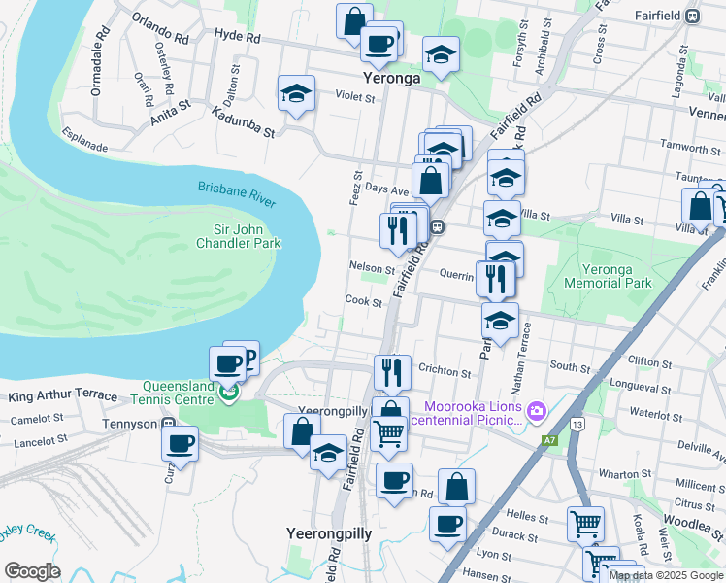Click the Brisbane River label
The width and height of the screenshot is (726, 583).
tap(237, 192)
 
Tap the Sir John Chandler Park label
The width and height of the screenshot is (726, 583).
tap(240, 236)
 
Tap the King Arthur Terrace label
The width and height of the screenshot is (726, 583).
tap(62, 396)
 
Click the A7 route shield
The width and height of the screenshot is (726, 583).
tap(550, 440)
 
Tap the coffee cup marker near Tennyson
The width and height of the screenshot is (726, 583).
tap(181, 444)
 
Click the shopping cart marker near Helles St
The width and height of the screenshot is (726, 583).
tap(586, 525)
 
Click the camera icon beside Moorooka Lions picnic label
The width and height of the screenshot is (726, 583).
tap(536, 412)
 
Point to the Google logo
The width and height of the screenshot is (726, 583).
tap(32, 571)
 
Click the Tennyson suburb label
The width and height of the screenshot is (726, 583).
tap(131, 424)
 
